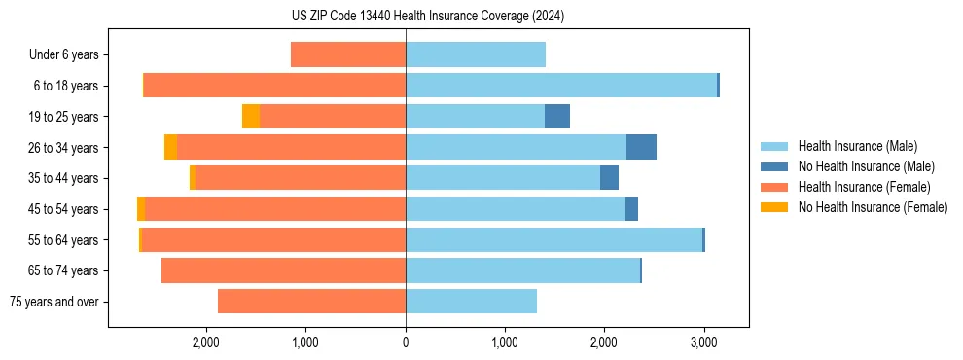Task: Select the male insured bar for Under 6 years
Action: tap(476, 54)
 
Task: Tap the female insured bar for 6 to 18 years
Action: tap(274, 86)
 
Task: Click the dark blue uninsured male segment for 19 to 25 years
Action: tap(557, 117)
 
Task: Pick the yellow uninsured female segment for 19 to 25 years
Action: tap(251, 117)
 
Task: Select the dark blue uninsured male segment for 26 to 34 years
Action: tap(641, 147)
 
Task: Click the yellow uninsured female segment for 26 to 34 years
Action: tap(171, 147)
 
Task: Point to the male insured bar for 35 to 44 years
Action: tap(503, 178)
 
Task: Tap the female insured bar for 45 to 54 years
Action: tap(275, 209)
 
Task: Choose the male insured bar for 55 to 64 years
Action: tap(553, 239)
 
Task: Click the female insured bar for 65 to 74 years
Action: tap(283, 270)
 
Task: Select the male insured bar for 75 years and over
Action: tap(471, 302)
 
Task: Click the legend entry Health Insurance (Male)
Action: tap(852, 146)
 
